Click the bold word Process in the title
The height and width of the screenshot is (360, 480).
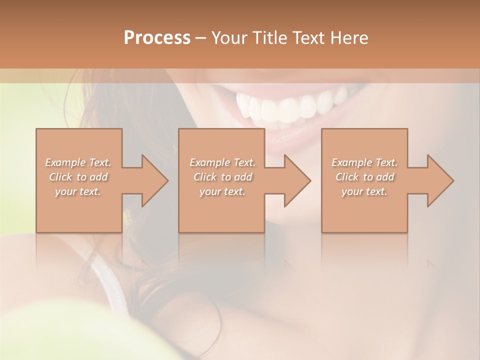(x=157, y=38)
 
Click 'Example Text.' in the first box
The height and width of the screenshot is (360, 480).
(x=78, y=162)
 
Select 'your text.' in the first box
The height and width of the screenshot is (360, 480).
(x=78, y=191)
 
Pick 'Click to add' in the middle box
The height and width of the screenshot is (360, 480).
(x=222, y=177)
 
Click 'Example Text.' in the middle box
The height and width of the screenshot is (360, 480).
(x=222, y=162)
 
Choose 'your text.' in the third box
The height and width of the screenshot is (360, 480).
(x=364, y=191)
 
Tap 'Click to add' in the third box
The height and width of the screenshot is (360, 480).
(x=364, y=177)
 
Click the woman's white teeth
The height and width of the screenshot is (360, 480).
(x=290, y=106)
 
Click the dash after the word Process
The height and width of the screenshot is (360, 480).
(x=201, y=38)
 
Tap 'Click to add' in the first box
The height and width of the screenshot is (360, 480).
(x=78, y=177)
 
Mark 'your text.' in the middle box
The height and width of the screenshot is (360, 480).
(x=222, y=191)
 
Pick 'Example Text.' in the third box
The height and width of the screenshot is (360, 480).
(x=364, y=162)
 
